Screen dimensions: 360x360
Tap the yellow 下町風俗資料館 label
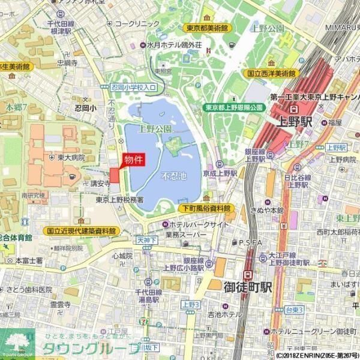pos(208,209)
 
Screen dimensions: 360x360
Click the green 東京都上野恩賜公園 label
pos(234,107)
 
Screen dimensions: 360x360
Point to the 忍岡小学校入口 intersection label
pos(133,88)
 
